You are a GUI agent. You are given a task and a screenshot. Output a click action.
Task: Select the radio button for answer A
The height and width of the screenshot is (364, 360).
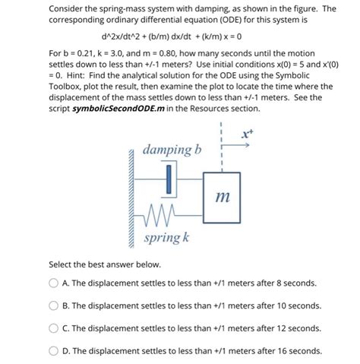(54, 283)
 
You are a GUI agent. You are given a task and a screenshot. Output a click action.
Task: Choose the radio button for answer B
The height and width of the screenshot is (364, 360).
(54, 305)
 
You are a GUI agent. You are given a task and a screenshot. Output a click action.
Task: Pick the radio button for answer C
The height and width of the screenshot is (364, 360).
(54, 328)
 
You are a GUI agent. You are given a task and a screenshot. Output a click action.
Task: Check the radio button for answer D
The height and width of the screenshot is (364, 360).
(54, 351)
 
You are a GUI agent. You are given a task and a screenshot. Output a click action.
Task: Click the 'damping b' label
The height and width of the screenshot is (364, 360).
(170, 149)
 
